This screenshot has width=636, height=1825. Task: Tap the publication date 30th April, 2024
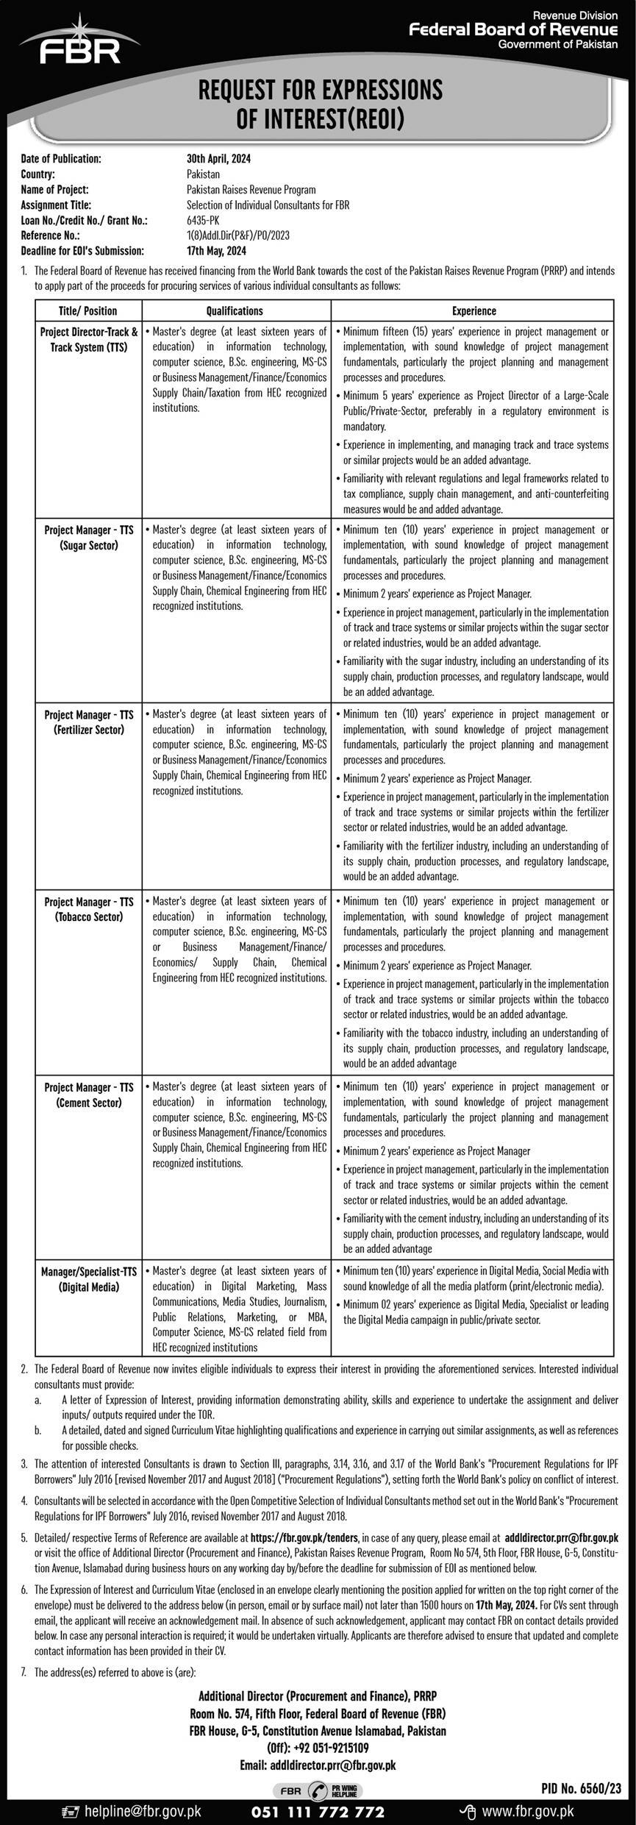pyautogui.click(x=218, y=158)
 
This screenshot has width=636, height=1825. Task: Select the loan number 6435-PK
pyautogui.click(x=203, y=220)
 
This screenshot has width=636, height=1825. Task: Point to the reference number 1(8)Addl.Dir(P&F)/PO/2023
pyautogui.click(x=238, y=235)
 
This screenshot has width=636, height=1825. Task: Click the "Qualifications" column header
pyautogui.click(x=235, y=311)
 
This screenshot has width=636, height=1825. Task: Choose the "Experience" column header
pyautogui.click(x=474, y=311)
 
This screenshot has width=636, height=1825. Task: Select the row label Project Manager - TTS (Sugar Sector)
pyautogui.click(x=89, y=538)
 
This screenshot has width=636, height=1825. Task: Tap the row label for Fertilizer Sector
pyautogui.click(x=89, y=722)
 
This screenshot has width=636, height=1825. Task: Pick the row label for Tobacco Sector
pyautogui.click(x=89, y=909)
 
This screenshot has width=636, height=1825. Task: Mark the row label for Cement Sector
pyautogui.click(x=89, y=1095)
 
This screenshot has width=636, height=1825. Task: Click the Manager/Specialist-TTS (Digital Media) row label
pyautogui.click(x=89, y=1279)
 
